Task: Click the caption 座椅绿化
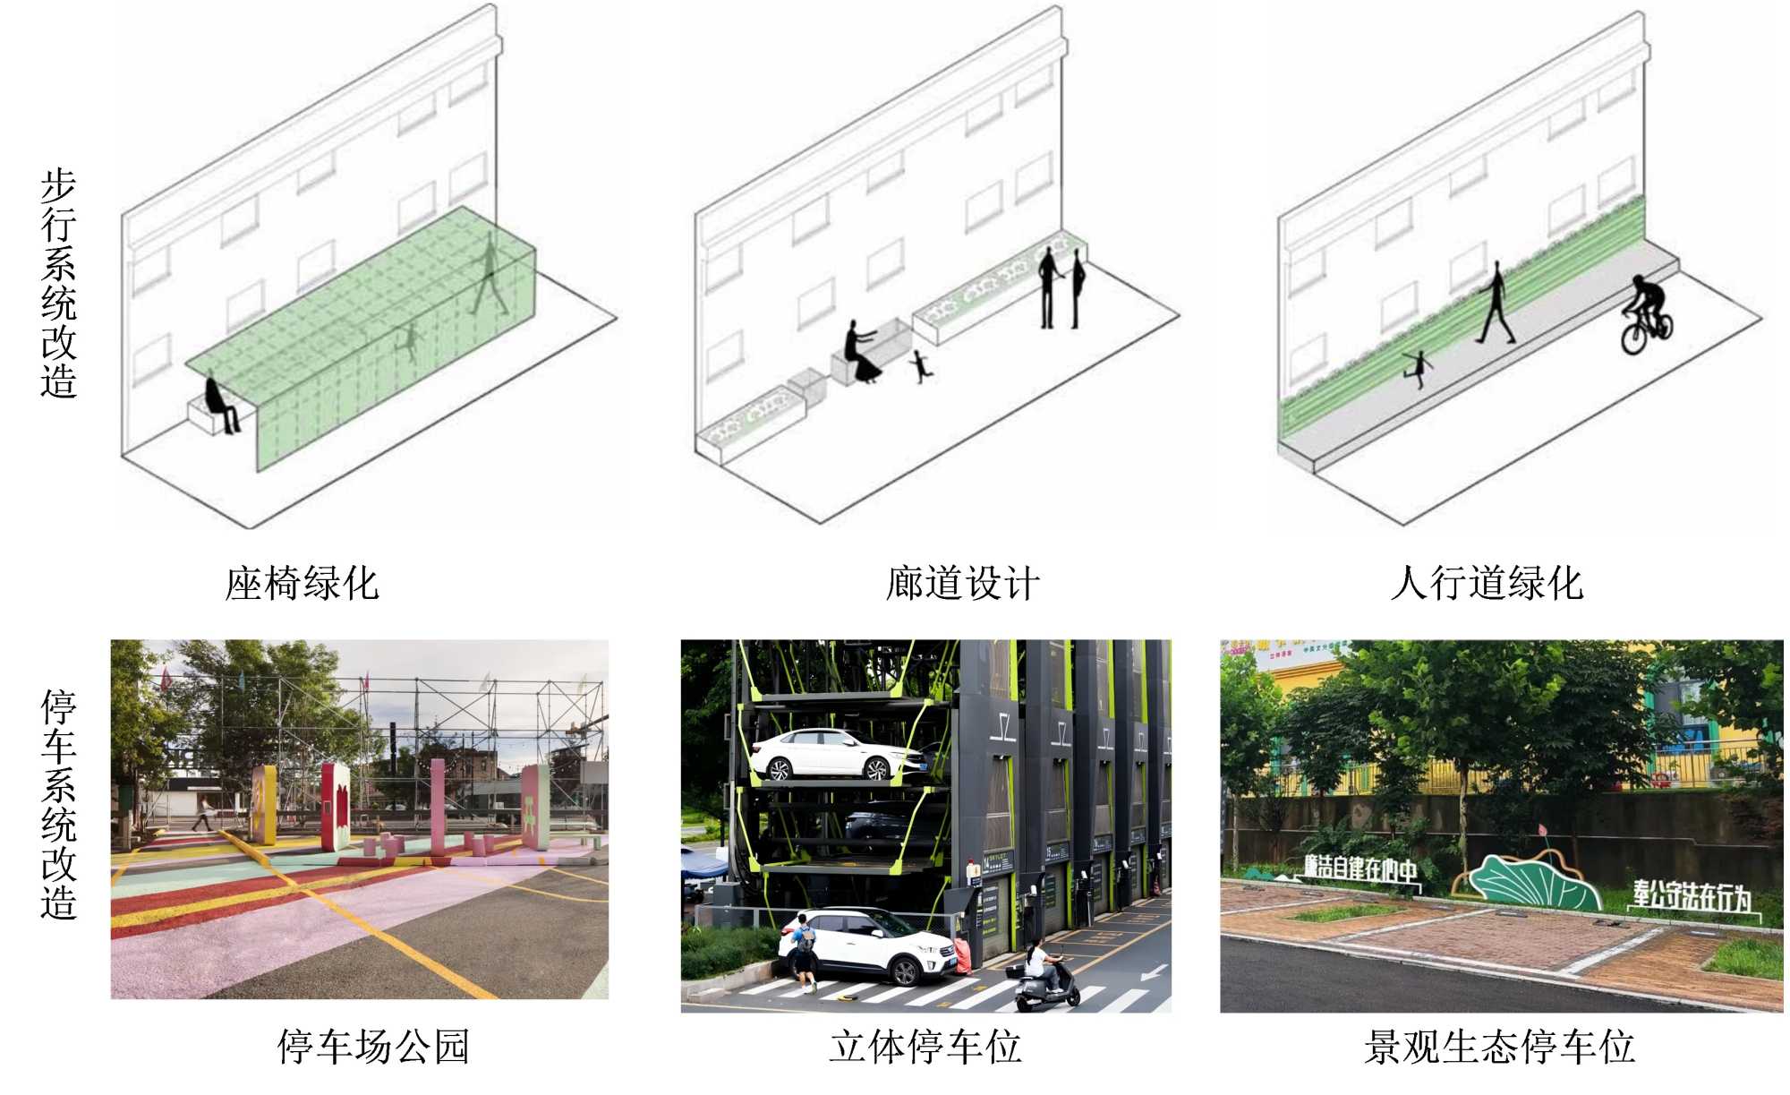pos(302,584)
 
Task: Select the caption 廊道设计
pos(962,584)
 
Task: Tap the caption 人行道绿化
pos(1487,584)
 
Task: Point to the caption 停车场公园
pos(373,1047)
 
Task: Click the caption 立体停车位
pos(925,1047)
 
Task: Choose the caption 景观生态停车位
pos(1499,1047)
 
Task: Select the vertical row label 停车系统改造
pos(59,804)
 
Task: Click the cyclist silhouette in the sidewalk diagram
pos(1647,315)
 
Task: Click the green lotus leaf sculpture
pos(1532,882)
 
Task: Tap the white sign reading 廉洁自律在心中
pos(1360,868)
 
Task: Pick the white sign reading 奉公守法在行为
pos(1691,896)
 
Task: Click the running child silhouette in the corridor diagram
pos(920,365)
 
